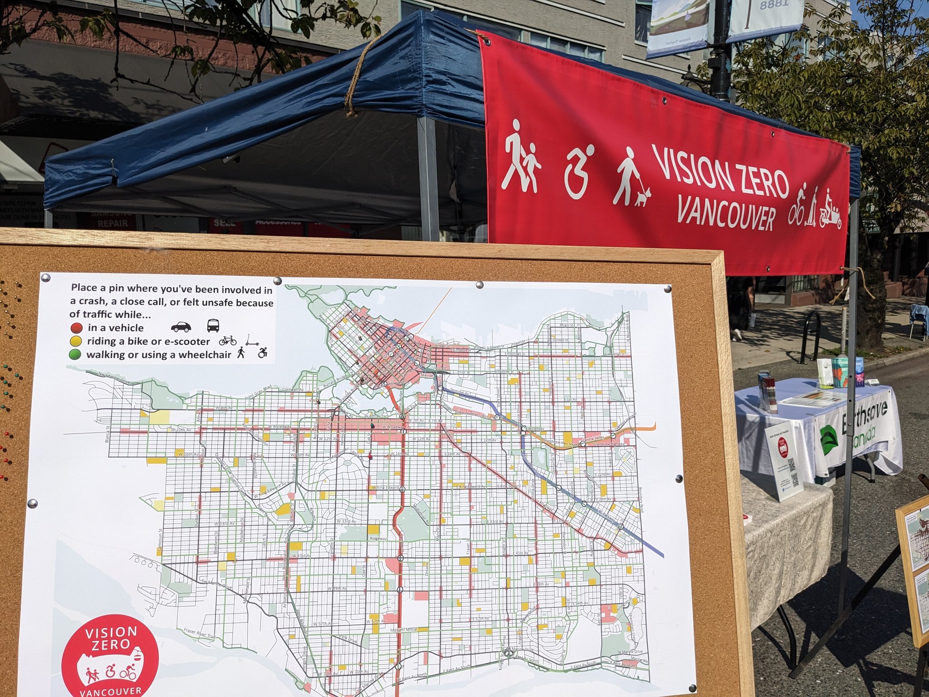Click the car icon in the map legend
181,327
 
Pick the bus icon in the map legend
213,325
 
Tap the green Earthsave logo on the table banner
829,440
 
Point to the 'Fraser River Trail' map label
199,633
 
